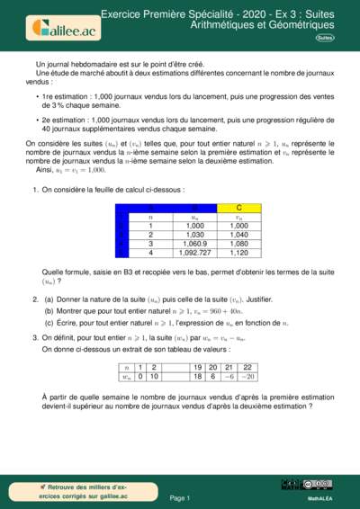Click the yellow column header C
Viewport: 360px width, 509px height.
[238, 208]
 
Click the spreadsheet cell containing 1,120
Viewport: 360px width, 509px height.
[238, 254]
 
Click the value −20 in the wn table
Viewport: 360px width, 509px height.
[247, 377]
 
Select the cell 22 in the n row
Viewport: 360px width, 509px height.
[247, 367]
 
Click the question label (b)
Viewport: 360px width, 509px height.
[49, 309]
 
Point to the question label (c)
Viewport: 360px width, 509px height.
[49, 321]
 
